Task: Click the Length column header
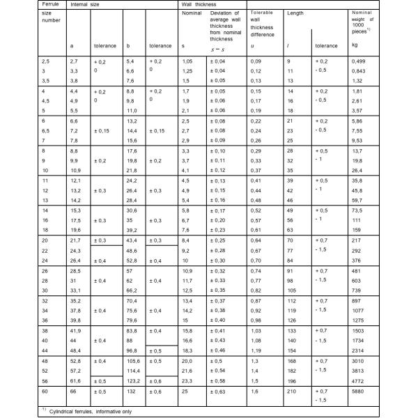click(x=296, y=14)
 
